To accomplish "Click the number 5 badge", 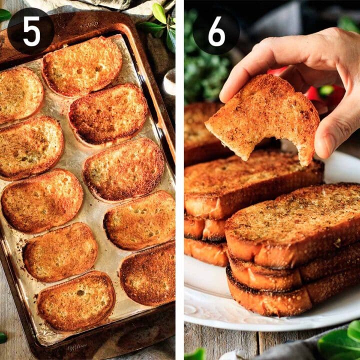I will tap(31, 31).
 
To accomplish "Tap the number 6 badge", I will tap(216, 31).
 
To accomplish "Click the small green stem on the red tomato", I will tap(326, 90).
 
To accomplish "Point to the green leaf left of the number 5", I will tap(4, 15).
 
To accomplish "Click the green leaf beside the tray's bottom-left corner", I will tap(3, 337).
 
